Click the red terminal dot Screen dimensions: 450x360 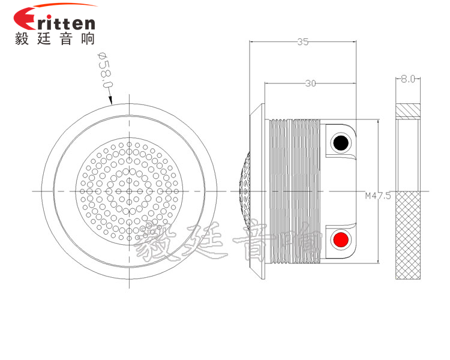tap(341, 239)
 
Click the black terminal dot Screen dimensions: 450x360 tap(341, 143)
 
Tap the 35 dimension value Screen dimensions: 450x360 tap(303, 42)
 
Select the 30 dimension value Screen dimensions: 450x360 tap(310, 83)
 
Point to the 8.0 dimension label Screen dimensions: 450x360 tap(408, 79)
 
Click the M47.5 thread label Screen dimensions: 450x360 tap(378, 196)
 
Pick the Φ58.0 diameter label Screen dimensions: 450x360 tap(106, 70)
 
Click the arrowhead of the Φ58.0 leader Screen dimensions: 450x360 tap(110, 100)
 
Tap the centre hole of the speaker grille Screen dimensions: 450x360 tap(129, 191)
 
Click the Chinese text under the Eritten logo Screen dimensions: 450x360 tap(55, 38)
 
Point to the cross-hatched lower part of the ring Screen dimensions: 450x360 tap(408, 235)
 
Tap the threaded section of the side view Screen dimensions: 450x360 tap(295, 191)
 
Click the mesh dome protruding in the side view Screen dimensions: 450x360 tap(244, 191)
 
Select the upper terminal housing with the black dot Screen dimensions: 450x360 tap(341, 141)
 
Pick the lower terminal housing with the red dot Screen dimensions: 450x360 tap(341, 241)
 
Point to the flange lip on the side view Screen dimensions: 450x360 tap(257, 191)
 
